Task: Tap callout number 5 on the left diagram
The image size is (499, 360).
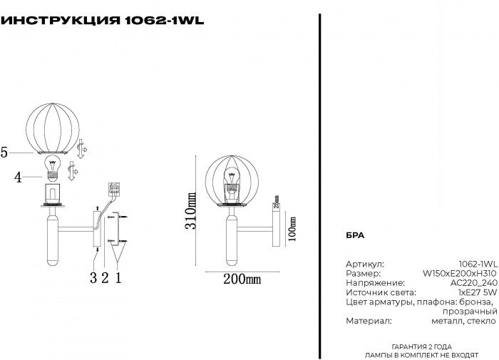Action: [4, 152]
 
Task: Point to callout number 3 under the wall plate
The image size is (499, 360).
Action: [93, 278]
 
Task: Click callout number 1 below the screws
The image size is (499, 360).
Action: [119, 278]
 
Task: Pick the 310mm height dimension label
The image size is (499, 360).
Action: [191, 211]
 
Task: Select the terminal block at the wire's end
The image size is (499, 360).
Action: [113, 190]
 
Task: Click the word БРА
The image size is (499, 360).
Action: [355, 235]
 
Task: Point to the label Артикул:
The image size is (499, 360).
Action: [365, 263]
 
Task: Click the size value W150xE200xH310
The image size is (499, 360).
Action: [460, 273]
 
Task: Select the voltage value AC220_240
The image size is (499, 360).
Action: [473, 283]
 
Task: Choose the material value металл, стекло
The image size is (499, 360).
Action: [463, 322]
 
